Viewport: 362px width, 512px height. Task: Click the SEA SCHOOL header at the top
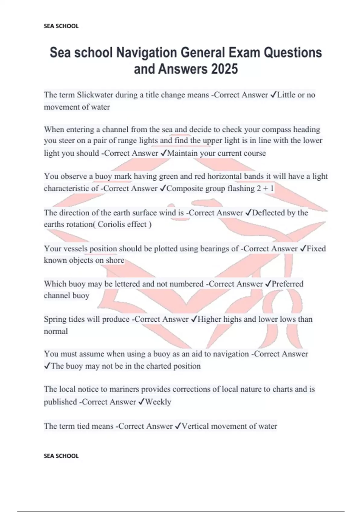pos(61,26)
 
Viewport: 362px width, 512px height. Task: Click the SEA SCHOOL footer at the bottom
pos(61,456)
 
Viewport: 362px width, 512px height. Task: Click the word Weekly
pos(158,402)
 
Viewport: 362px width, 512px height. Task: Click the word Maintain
pos(182,153)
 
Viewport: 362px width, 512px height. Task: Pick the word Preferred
pos(287,284)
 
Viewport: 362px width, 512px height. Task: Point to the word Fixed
pos(316,248)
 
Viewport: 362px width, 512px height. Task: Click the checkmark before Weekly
pos(141,402)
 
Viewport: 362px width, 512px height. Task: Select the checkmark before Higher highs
pos(194,319)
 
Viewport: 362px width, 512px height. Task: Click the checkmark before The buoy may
pos(47,366)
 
